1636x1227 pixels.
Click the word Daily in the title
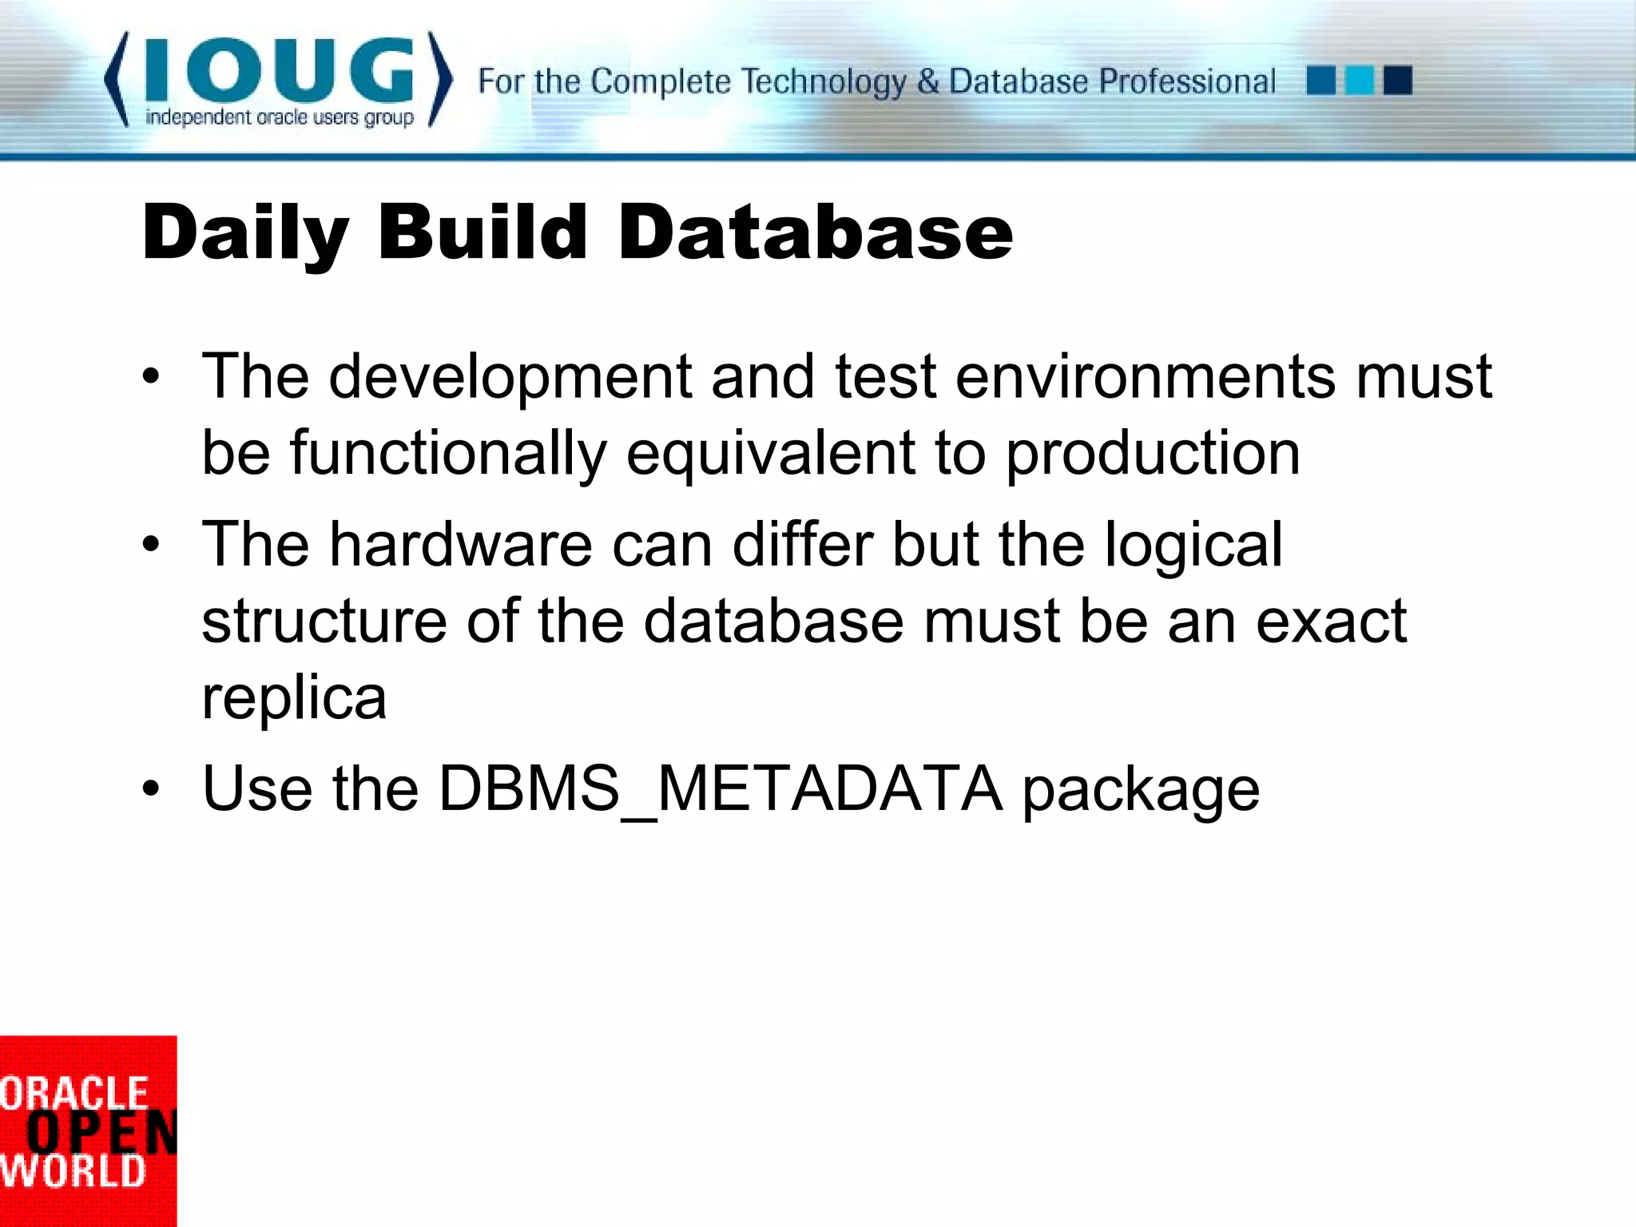[245, 233]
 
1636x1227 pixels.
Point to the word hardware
[461, 545]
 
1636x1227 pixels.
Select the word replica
[294, 698]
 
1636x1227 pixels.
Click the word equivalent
[769, 454]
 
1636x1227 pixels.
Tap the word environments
[1145, 377]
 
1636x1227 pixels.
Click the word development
[510, 377]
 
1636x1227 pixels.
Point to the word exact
[1330, 621]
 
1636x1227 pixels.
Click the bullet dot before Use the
[151, 789]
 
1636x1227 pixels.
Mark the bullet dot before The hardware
[151, 545]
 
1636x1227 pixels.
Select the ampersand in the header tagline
[927, 81]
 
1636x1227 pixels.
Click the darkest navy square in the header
[1397, 81]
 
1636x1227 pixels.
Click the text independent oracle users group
[279, 118]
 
